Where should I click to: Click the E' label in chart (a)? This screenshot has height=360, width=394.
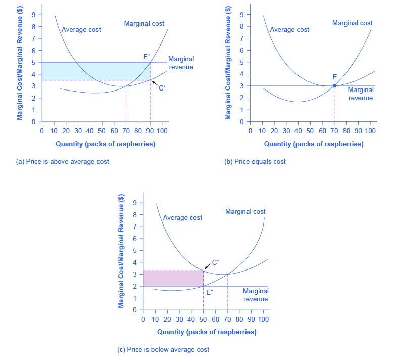tap(147, 57)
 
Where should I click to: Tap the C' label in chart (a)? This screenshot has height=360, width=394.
tap(162, 87)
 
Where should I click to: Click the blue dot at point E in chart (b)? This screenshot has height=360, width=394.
tap(334, 86)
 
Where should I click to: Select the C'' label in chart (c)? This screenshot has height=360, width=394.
tap(216, 262)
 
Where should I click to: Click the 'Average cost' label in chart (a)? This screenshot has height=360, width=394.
tap(81, 29)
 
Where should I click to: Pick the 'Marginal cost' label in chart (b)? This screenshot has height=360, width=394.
tap(353, 23)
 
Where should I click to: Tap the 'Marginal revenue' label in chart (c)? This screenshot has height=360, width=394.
tap(256, 295)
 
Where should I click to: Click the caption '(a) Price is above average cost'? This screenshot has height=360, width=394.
tap(63, 161)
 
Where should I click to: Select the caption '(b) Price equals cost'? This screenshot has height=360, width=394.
tap(255, 161)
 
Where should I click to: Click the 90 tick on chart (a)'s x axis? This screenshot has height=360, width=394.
tap(150, 130)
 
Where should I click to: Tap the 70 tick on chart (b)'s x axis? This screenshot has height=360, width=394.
tap(334, 130)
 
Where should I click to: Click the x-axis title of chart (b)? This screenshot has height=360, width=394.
tap(314, 144)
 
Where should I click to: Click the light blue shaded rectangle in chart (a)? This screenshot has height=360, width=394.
tap(96, 71)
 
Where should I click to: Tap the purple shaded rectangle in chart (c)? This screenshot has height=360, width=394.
tap(173, 278)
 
